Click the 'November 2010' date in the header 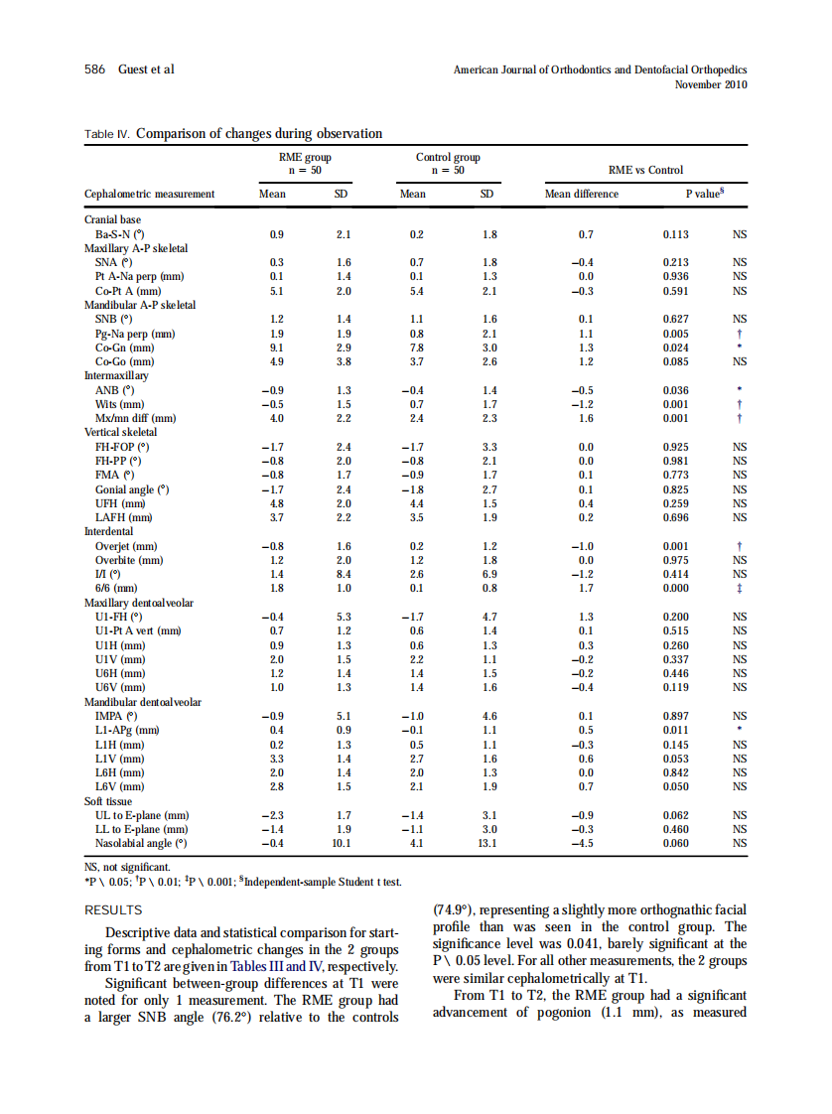[x=710, y=84]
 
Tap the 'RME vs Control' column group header [x=645, y=170]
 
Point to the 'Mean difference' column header [x=582, y=194]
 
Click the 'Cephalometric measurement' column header [x=149, y=194]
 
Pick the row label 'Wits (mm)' [x=119, y=405]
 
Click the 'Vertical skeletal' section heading [x=120, y=433]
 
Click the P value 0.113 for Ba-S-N [x=676, y=235]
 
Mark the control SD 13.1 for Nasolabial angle [x=486, y=844]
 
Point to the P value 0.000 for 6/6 [x=676, y=589]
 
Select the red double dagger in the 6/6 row [x=740, y=589]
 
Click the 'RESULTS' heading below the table [x=113, y=909]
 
